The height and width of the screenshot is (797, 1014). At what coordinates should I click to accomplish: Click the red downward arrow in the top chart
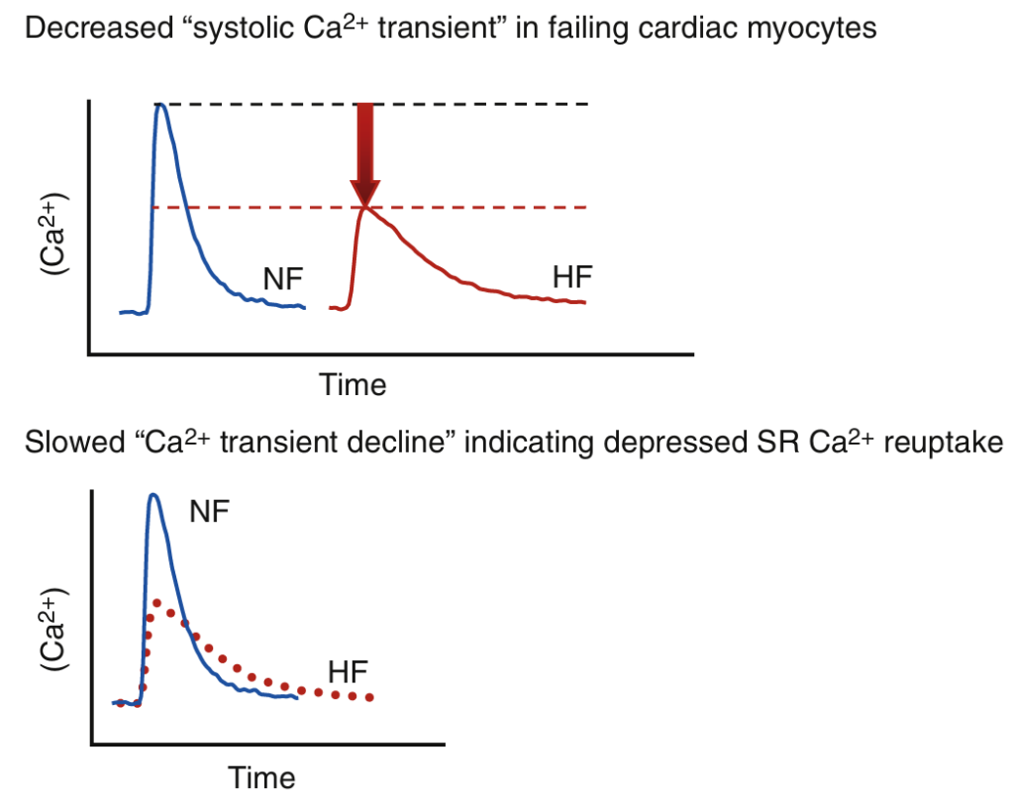pyautogui.click(x=366, y=149)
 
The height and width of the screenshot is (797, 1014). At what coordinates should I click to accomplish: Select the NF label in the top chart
pyautogui.click(x=284, y=279)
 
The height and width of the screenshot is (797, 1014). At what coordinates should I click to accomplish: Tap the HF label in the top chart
pyautogui.click(x=572, y=278)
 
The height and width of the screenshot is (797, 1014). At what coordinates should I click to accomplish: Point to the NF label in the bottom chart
pyautogui.click(x=210, y=512)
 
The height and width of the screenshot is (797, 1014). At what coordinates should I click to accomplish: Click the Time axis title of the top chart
pyautogui.click(x=353, y=384)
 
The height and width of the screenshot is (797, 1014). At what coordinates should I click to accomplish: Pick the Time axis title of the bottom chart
pyautogui.click(x=262, y=776)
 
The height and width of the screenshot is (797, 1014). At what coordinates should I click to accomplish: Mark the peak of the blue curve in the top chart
pyautogui.click(x=161, y=104)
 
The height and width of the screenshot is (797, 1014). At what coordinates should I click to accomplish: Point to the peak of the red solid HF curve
pyautogui.click(x=366, y=207)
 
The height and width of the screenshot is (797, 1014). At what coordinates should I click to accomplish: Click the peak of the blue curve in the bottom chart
pyautogui.click(x=152, y=494)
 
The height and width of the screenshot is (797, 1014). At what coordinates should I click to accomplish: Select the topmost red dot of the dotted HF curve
pyautogui.click(x=156, y=602)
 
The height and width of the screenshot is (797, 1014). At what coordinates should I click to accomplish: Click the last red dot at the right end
pyautogui.click(x=369, y=698)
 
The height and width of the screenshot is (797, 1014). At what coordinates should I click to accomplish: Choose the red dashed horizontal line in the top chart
pyautogui.click(x=475, y=207)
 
